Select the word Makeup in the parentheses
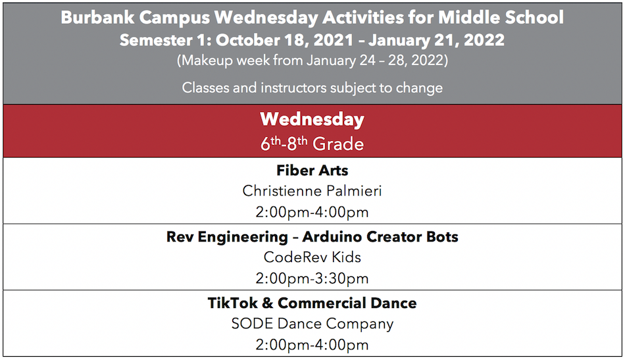pos(207,61)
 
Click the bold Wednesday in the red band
pos(312,119)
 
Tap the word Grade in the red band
pos(337,144)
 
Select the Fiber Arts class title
pos(312,170)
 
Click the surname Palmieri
pos(353,191)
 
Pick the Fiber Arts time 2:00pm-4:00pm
pos(312,212)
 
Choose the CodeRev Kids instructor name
pos(312,257)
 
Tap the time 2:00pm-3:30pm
pos(312,278)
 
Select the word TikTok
pos(232,303)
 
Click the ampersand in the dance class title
pos(268,303)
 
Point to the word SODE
pos(253,323)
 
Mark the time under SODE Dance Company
pos(312,345)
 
